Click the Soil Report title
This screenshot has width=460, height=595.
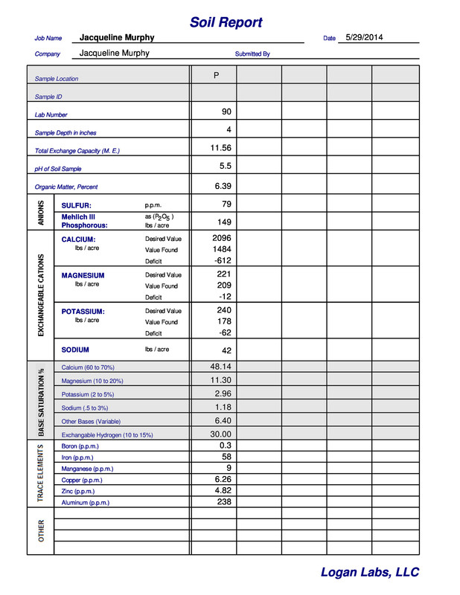226,22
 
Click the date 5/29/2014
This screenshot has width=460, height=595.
364,37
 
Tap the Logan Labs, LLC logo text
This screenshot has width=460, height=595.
369,572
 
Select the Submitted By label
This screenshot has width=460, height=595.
252,54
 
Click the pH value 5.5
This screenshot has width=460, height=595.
226,167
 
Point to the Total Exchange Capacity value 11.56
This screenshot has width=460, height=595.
221,148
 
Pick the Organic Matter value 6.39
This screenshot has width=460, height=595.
223,186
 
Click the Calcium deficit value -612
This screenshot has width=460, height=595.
222,261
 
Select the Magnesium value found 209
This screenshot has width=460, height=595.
223,286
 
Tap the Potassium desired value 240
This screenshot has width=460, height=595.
224,310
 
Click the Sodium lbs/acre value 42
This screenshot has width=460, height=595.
226,350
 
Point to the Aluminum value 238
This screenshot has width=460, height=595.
223,502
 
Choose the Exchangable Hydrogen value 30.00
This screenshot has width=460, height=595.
221,434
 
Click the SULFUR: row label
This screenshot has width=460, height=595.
76,205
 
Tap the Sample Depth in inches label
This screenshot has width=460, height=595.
66,133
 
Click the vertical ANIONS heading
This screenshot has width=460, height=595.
41,213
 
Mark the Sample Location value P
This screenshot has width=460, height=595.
216,76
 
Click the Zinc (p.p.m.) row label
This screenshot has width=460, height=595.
77,492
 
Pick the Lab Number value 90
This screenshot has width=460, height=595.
226,112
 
